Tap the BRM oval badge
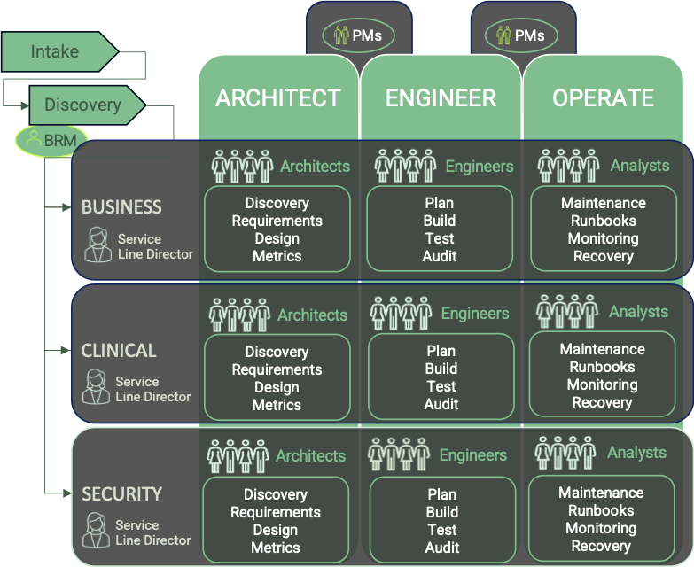(x=52, y=140)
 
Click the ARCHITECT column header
(x=277, y=97)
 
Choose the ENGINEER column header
(x=441, y=97)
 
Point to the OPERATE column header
(x=603, y=97)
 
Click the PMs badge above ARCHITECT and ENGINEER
(x=358, y=35)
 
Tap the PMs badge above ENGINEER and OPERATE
(x=521, y=35)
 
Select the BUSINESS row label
(x=121, y=207)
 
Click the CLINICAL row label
(x=119, y=351)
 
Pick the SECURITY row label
(x=121, y=494)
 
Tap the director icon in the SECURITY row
(x=96, y=532)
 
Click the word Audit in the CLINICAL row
(x=441, y=404)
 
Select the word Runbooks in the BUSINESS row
(x=603, y=221)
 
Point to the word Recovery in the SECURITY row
(x=601, y=546)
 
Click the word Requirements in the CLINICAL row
(x=277, y=369)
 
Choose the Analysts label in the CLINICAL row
(x=638, y=312)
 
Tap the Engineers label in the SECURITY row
(x=473, y=455)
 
